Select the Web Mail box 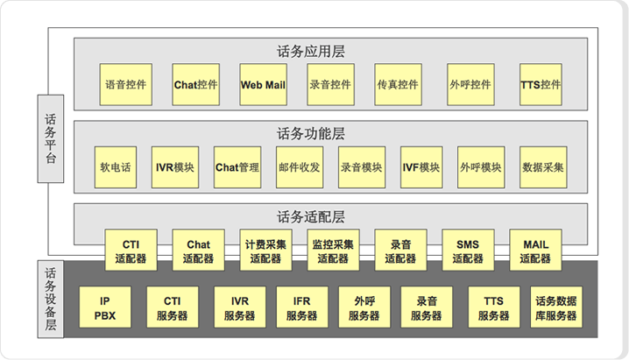(263, 85)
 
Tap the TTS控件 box (541, 85)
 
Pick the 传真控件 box (398, 85)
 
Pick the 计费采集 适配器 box (265, 251)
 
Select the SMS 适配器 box (468, 251)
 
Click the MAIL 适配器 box (535, 251)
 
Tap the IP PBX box (104, 308)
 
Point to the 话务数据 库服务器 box (555, 308)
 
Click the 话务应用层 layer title (311, 51)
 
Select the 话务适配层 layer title (311, 215)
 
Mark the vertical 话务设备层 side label (49, 300)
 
